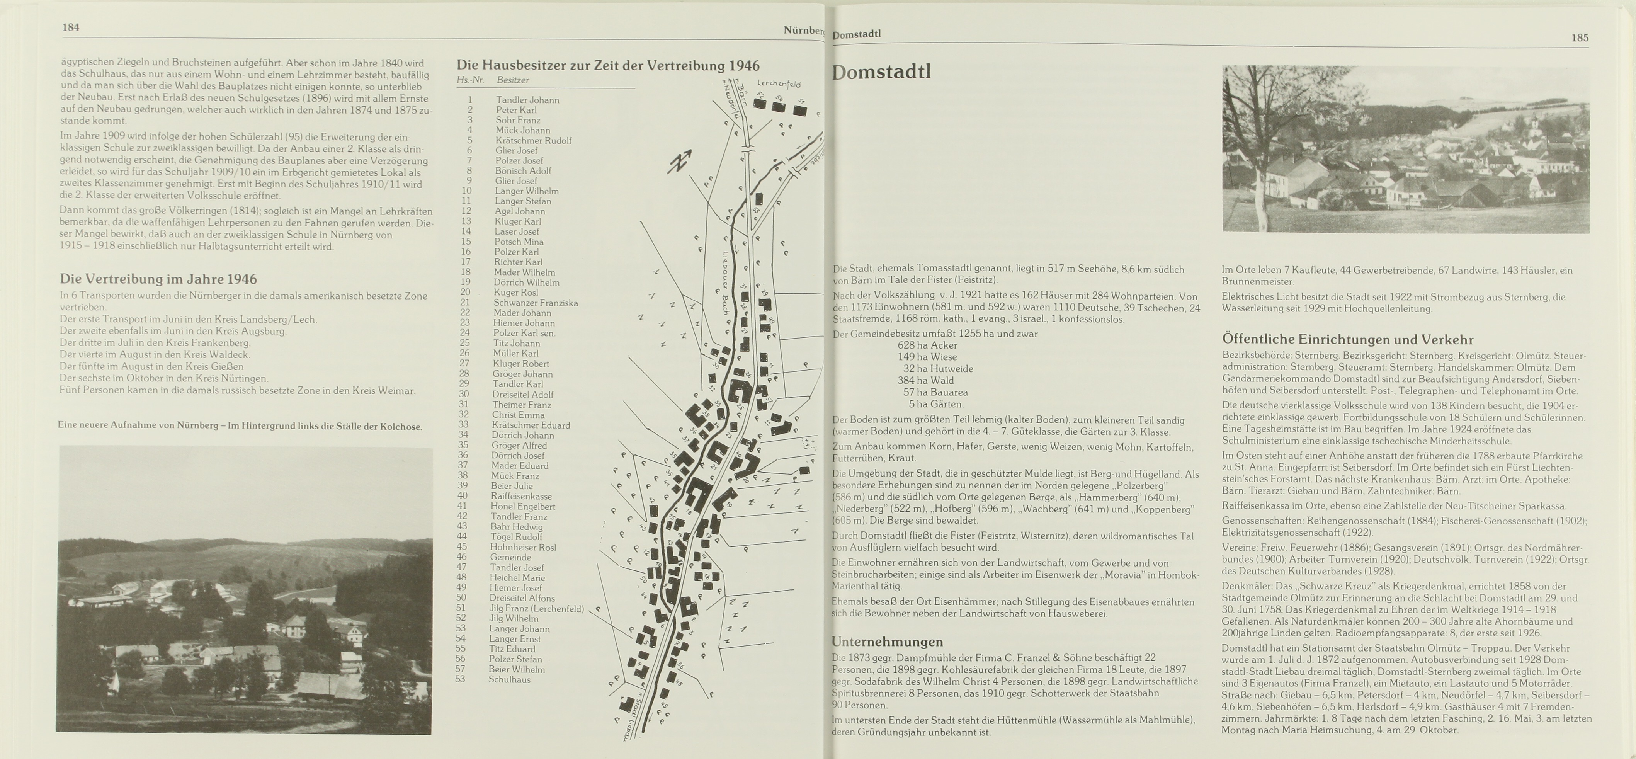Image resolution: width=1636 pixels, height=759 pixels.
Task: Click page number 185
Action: coord(1580,38)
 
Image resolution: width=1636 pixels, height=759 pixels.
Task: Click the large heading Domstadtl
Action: coord(881,72)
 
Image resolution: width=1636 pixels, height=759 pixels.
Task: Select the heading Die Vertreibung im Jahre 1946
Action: coord(158,279)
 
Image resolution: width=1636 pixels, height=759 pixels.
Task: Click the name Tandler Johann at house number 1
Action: coord(527,100)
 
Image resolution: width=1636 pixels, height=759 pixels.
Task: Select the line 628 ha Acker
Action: coord(927,345)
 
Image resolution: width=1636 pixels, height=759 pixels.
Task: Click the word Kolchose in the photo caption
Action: coord(401,426)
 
